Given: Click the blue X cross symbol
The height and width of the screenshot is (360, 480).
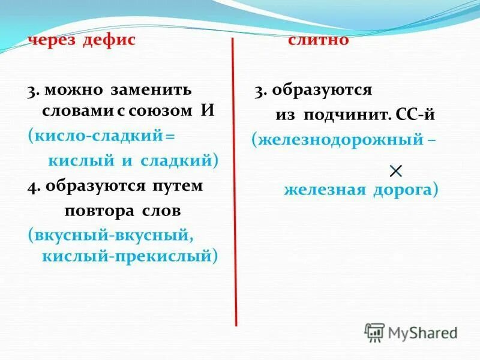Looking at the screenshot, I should click(x=395, y=171).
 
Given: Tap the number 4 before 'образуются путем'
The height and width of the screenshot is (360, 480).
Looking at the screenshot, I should click(x=31, y=186).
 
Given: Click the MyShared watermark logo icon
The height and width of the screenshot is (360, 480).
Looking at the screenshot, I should click(x=374, y=332).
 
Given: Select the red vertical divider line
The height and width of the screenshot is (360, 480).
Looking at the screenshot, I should click(x=233, y=180).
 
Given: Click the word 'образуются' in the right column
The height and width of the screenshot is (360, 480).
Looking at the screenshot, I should click(x=322, y=91).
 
